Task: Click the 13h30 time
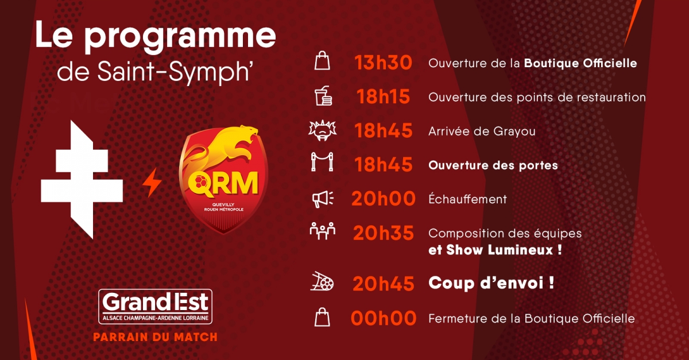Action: (383, 63)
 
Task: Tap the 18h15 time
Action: (383, 96)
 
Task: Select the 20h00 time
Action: (384, 199)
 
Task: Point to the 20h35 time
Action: (384, 233)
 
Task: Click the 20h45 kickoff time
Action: (384, 284)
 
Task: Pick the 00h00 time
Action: (384, 318)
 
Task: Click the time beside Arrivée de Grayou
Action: (384, 130)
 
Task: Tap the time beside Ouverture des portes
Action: (384, 164)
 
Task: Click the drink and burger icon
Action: (323, 96)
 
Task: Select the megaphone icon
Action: (323, 199)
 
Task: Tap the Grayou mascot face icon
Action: (322, 130)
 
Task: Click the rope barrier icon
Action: (322, 162)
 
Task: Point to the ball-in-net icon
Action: (322, 281)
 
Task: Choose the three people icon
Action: (322, 231)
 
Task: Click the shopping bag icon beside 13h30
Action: (322, 61)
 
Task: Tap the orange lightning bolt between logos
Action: (152, 183)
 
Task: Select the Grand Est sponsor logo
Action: (156, 307)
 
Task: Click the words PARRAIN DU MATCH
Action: (156, 337)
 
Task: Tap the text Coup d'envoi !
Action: (491, 283)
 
